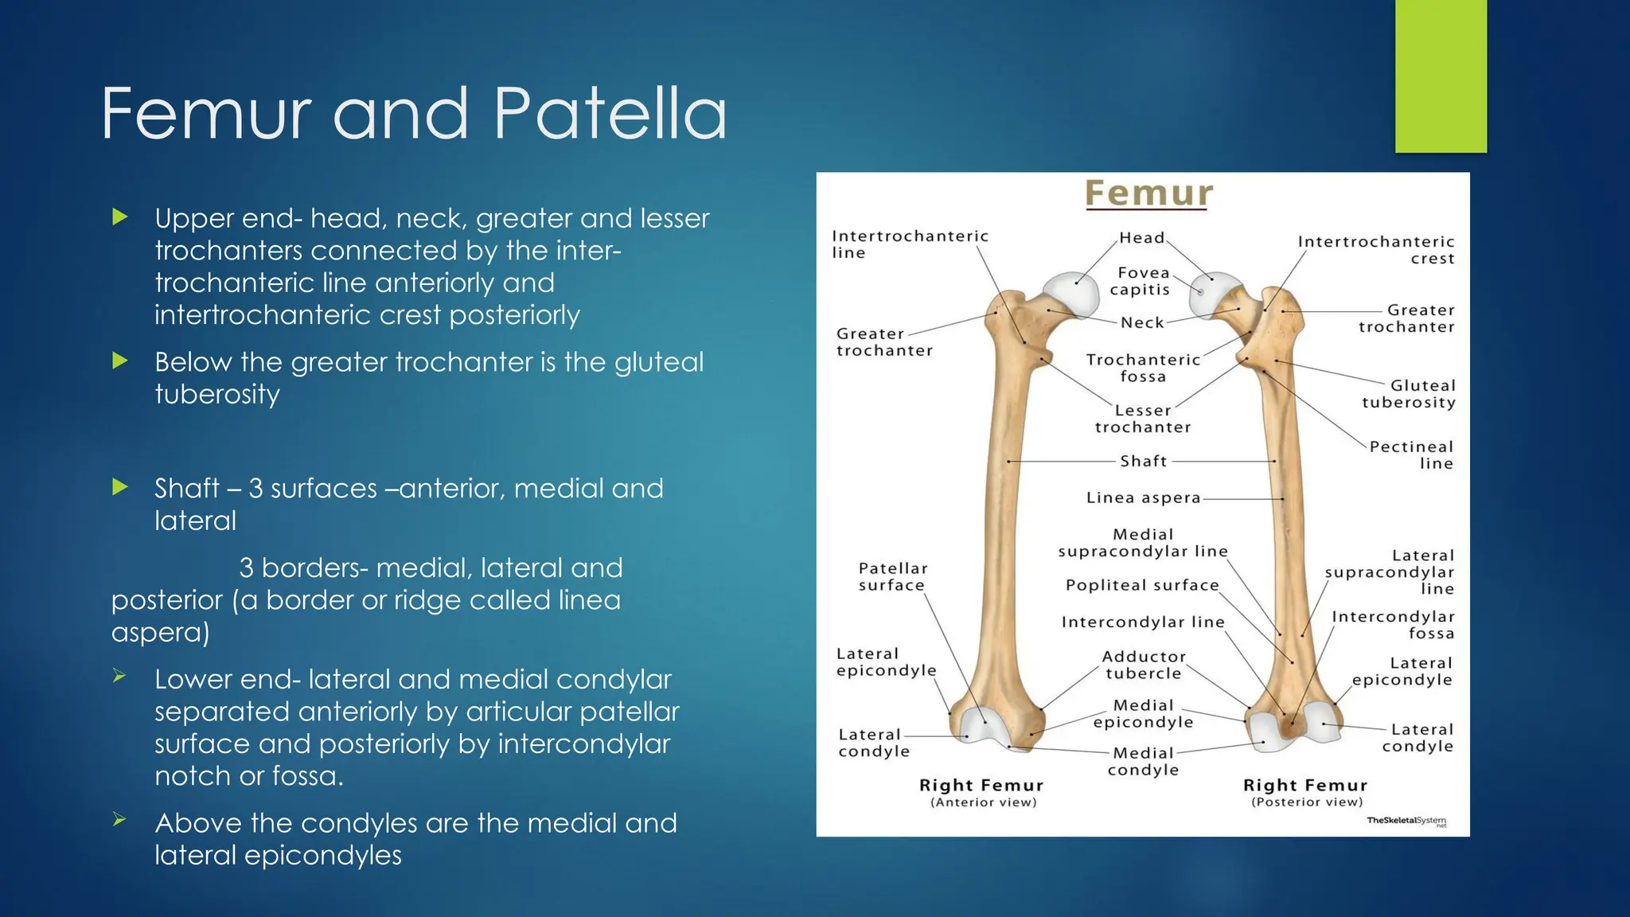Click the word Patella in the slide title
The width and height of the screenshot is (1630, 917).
coord(610,114)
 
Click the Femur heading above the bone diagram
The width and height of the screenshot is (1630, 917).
coord(1148,193)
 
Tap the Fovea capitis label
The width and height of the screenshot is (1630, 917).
coord(1141,281)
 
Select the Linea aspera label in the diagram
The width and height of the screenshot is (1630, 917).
coord(1143,498)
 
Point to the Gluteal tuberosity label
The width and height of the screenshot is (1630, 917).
coord(1409,394)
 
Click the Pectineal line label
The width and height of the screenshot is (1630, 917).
coord(1412,455)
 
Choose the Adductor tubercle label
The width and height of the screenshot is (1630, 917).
coord(1144,665)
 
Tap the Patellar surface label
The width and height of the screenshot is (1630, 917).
coord(892,576)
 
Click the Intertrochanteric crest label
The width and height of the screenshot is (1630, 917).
coord(1377,249)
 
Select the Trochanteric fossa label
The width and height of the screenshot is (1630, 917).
coord(1143,368)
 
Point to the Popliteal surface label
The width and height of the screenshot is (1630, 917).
coord(1142,586)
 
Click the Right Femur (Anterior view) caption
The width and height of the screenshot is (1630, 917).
coord(981,792)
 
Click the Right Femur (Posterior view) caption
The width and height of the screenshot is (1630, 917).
coord(1305,792)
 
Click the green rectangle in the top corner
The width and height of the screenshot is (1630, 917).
coord(1441,76)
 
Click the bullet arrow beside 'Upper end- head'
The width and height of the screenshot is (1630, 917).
coord(120,217)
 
